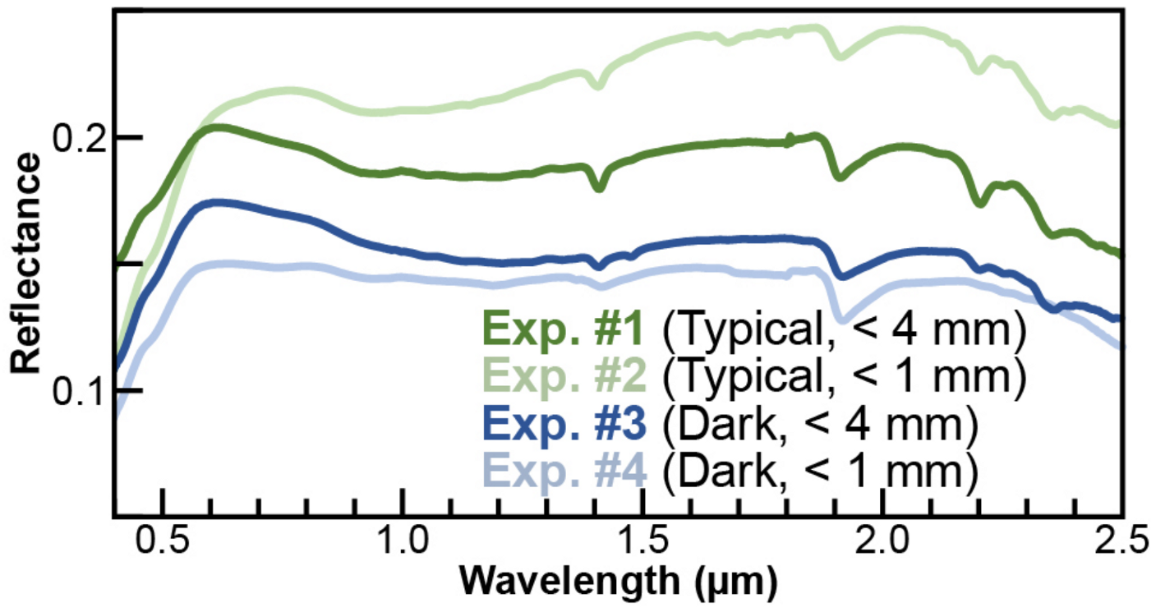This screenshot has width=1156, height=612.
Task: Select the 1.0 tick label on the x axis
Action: pyautogui.click(x=403, y=543)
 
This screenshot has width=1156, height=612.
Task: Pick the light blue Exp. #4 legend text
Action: pyautogui.click(x=568, y=474)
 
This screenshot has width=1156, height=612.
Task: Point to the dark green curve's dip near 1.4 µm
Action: pyautogui.click(x=599, y=187)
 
